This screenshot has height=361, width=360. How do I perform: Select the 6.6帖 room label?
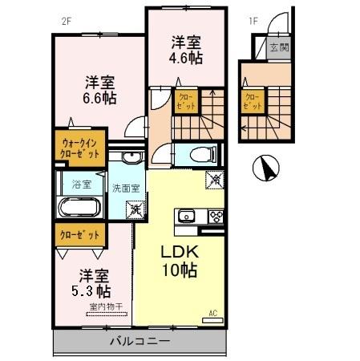pyautogui.click(x=101, y=88)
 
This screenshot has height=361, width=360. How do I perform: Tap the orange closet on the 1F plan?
pyautogui.click(x=253, y=101)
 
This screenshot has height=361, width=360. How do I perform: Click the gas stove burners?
pyautogui.click(x=215, y=216)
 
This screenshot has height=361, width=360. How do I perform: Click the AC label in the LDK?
pyautogui.click(x=214, y=312)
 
